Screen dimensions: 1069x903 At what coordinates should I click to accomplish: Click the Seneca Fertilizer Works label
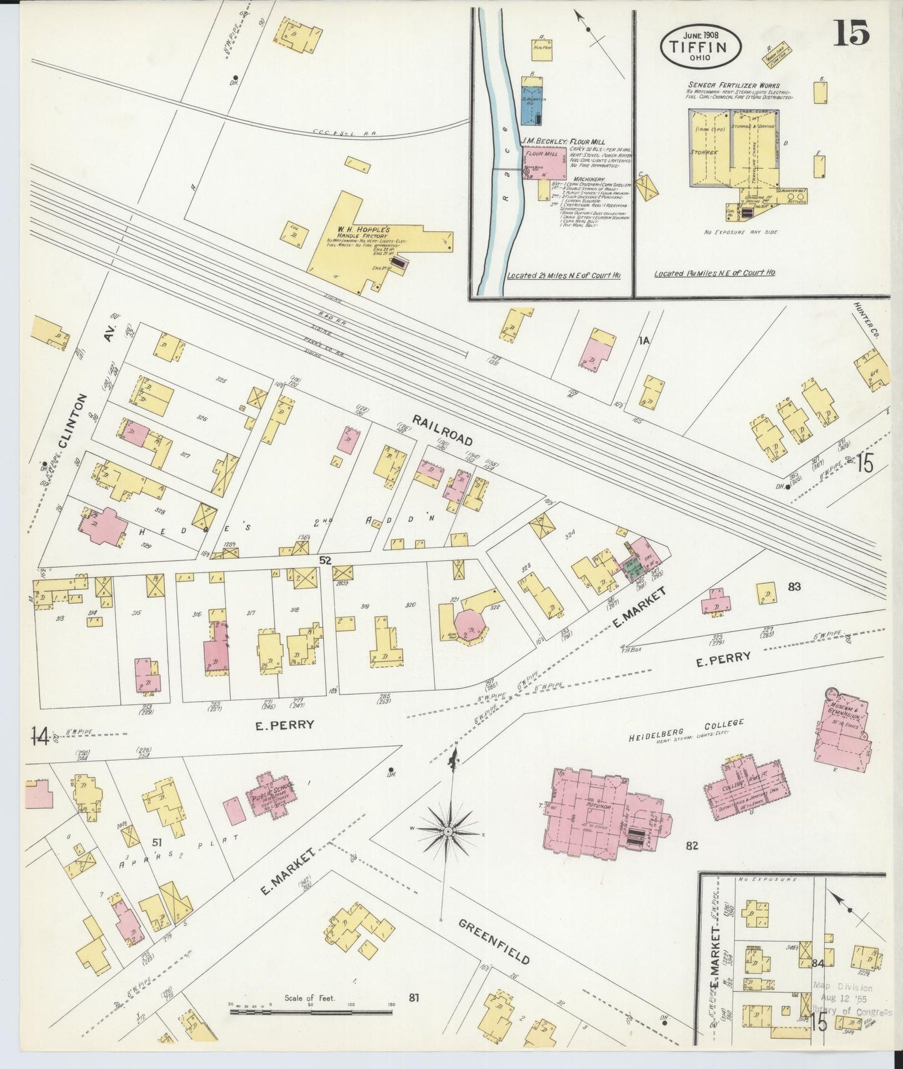click(x=733, y=85)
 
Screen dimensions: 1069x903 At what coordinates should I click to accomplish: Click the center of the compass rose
click(x=448, y=831)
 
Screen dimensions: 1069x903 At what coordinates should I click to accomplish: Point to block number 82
click(x=691, y=846)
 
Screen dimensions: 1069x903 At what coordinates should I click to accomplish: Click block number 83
click(x=794, y=586)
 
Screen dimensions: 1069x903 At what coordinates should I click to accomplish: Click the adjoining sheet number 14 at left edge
click(x=41, y=738)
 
